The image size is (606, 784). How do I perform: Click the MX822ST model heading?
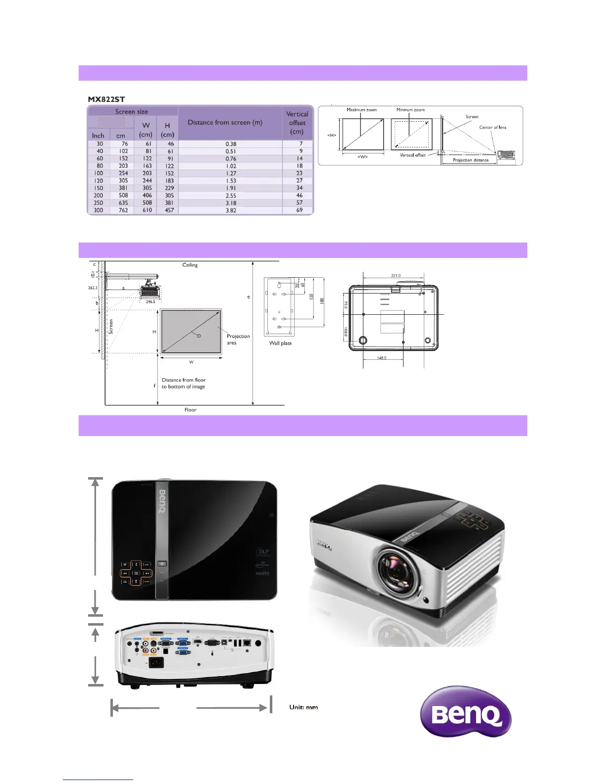click(x=106, y=99)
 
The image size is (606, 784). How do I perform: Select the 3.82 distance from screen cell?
click(x=231, y=210)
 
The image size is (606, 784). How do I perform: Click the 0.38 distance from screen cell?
click(x=231, y=144)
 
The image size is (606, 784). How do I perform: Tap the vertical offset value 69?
click(x=300, y=210)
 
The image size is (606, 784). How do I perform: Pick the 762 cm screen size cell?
click(x=123, y=210)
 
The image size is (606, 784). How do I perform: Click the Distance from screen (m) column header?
click(x=225, y=122)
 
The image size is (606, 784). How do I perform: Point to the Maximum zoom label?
click(x=361, y=110)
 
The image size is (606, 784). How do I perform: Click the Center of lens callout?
click(x=493, y=127)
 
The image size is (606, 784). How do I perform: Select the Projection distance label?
click(x=470, y=160)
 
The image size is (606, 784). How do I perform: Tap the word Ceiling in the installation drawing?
click(x=190, y=265)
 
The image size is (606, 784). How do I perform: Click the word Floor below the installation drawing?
click(x=191, y=410)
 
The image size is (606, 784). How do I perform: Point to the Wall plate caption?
click(x=280, y=343)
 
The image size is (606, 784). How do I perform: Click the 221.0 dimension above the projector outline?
click(x=396, y=276)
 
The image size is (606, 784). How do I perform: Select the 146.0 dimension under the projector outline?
click(x=382, y=358)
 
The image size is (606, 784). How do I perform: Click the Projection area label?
click(x=238, y=339)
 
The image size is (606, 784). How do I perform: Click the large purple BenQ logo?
click(x=465, y=713)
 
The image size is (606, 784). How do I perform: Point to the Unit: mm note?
click(x=303, y=707)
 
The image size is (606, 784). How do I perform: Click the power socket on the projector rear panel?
click(x=156, y=663)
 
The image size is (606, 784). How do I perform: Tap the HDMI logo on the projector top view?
click(x=262, y=573)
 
